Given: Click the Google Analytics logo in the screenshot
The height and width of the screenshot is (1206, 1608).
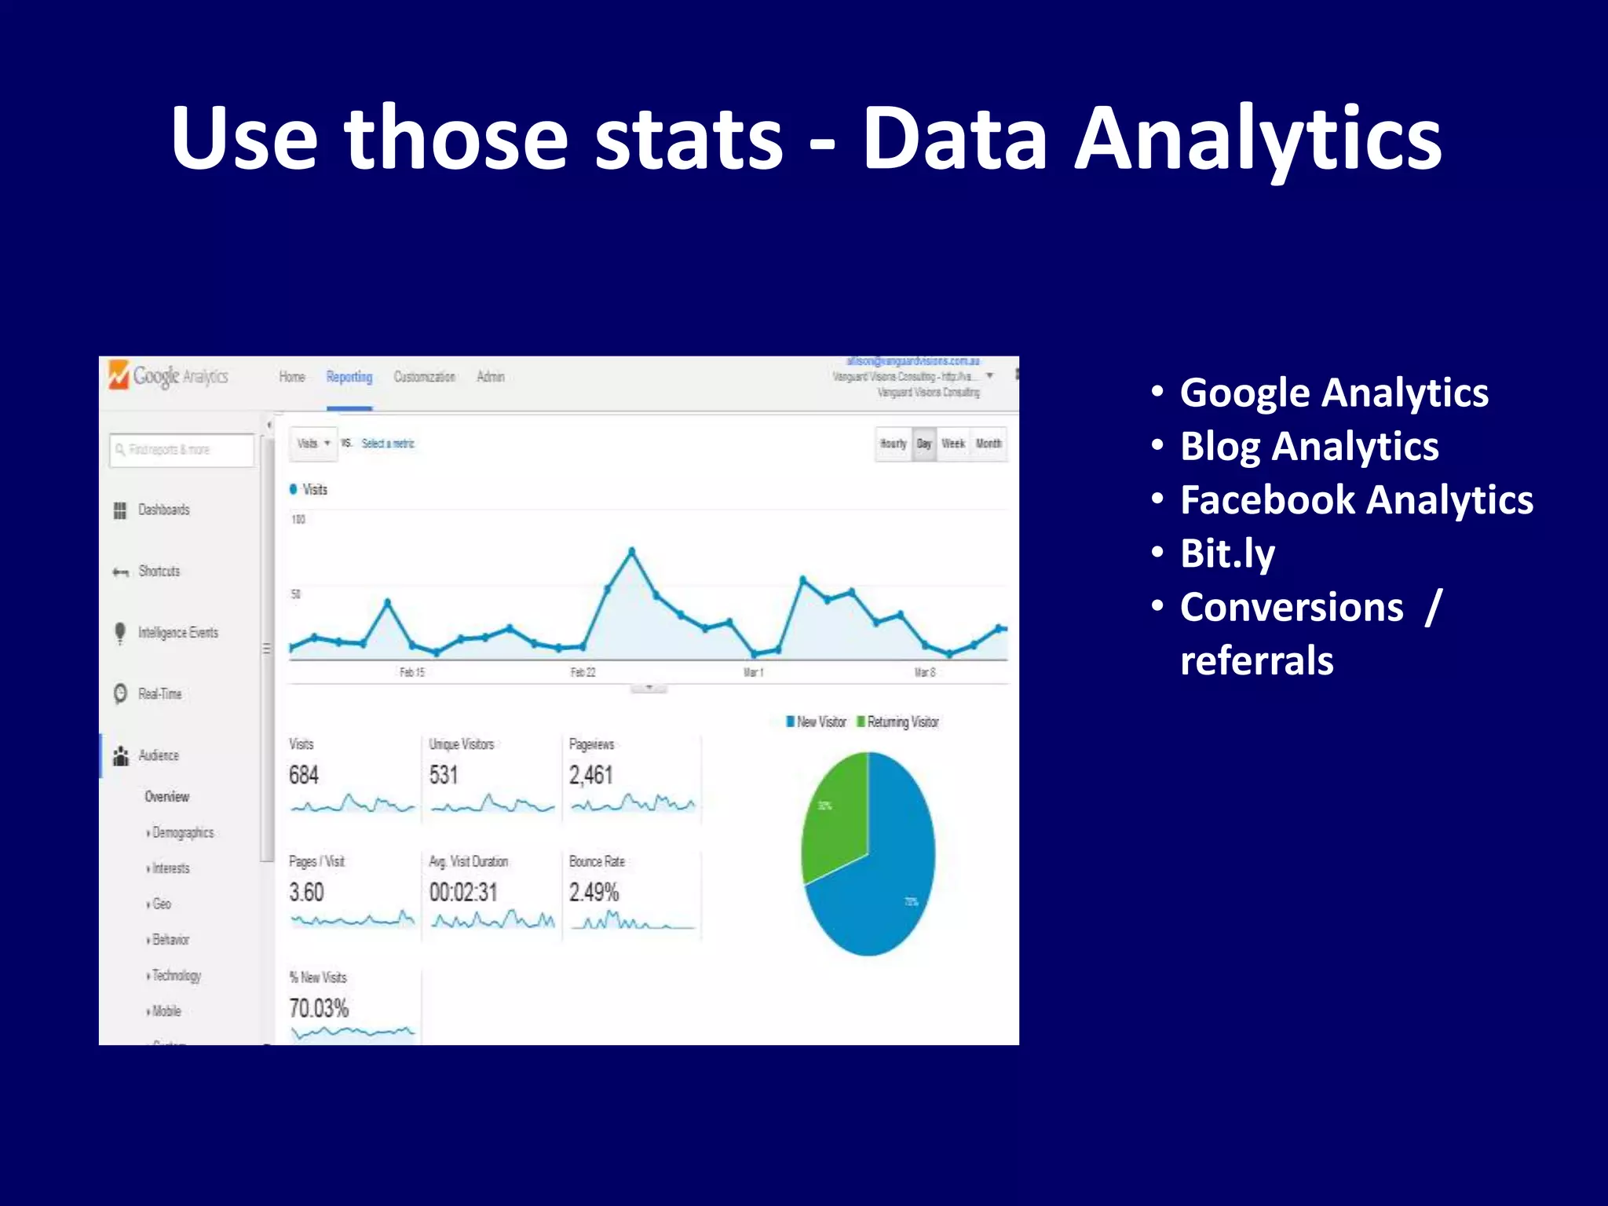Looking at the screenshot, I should pyautogui.click(x=168, y=376).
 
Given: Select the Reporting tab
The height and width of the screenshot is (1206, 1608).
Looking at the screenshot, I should pyautogui.click(x=349, y=377).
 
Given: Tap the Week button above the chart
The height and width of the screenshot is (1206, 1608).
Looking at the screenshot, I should pyautogui.click(x=952, y=444).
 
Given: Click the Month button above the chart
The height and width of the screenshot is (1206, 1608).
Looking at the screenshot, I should pyautogui.click(x=989, y=444).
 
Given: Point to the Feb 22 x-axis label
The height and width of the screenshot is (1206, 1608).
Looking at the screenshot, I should pyautogui.click(x=583, y=672).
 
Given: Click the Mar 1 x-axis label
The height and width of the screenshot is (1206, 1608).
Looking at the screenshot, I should pyautogui.click(x=754, y=672).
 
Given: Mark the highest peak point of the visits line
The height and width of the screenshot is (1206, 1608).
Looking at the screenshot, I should pyautogui.click(x=632, y=551).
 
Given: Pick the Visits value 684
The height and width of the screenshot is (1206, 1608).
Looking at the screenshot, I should pyautogui.click(x=304, y=776).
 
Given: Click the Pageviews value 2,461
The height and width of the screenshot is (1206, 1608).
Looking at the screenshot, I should pyautogui.click(x=591, y=776).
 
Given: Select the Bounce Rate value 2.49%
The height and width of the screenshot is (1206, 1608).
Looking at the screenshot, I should pyautogui.click(x=594, y=893).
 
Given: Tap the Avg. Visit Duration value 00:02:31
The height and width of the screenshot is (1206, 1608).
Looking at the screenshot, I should pyautogui.click(x=463, y=893).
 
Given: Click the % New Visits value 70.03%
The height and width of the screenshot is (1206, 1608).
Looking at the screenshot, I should pyautogui.click(x=319, y=1008).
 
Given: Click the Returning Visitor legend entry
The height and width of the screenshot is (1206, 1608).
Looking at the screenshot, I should pyautogui.click(x=901, y=722).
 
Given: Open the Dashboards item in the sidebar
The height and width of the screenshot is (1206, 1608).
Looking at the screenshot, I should pyautogui.click(x=163, y=510).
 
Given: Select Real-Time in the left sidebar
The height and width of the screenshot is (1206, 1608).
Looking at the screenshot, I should pyautogui.click(x=159, y=694).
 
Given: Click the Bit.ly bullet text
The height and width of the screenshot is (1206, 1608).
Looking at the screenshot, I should pyautogui.click(x=1227, y=554).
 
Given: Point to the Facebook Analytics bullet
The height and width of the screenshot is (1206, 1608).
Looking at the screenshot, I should pyautogui.click(x=1356, y=500).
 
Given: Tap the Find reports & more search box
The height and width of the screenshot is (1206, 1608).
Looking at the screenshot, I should pyautogui.click(x=181, y=450).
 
